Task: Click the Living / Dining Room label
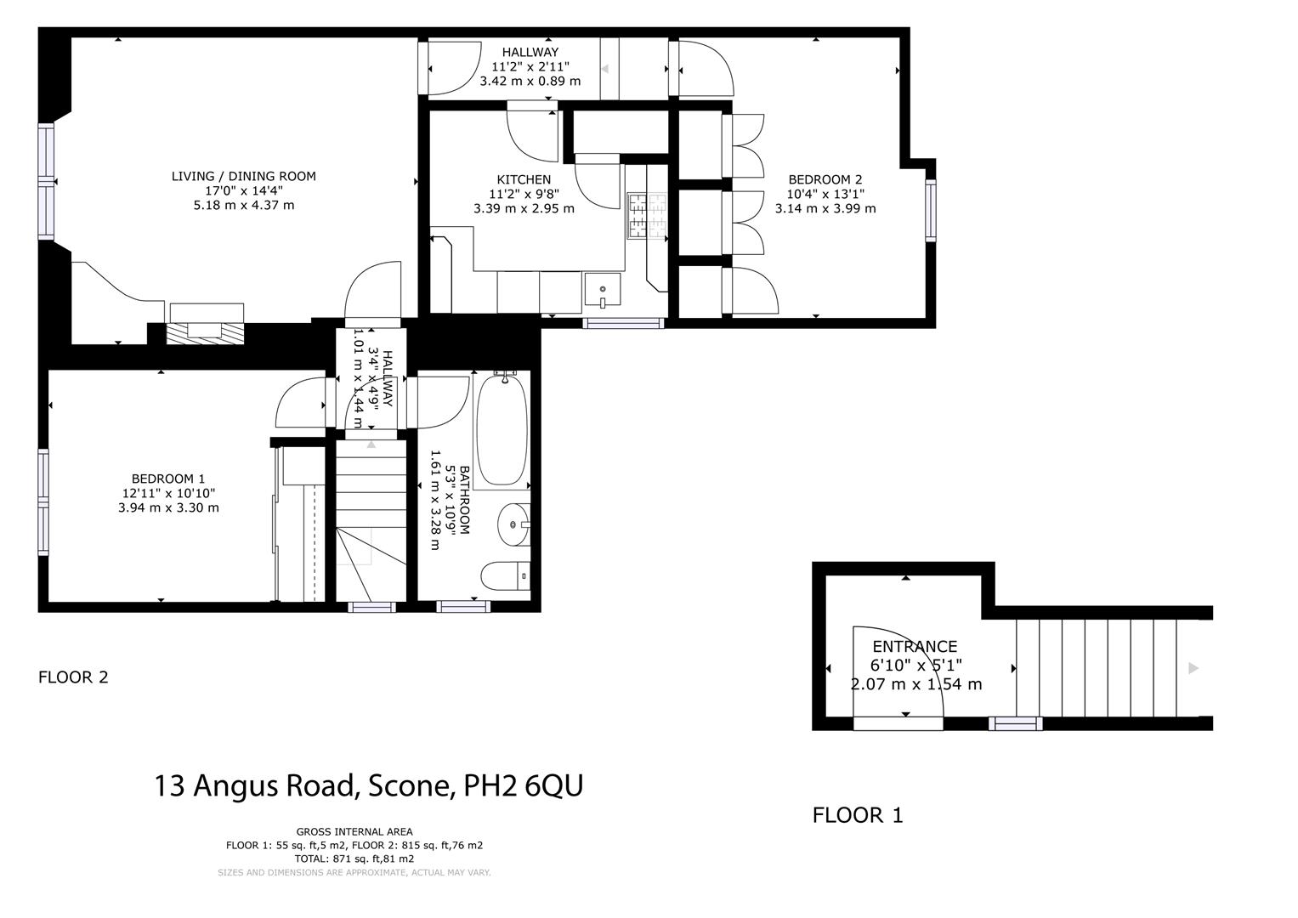(243, 177)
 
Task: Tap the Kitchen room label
(524, 179)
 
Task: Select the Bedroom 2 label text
(825, 179)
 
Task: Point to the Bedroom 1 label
(167, 479)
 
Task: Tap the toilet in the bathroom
(506, 575)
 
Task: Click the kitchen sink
(602, 291)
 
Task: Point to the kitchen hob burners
(647, 216)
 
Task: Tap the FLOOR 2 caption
(73, 677)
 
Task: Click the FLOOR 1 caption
(858, 815)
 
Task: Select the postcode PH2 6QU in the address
(523, 786)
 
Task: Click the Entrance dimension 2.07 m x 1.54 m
(916, 684)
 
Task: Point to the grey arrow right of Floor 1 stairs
(1193, 668)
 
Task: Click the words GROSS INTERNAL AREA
(354, 831)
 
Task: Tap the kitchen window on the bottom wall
(623, 323)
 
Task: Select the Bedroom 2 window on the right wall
(931, 211)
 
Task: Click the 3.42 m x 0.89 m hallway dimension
(530, 82)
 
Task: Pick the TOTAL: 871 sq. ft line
(354, 858)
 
